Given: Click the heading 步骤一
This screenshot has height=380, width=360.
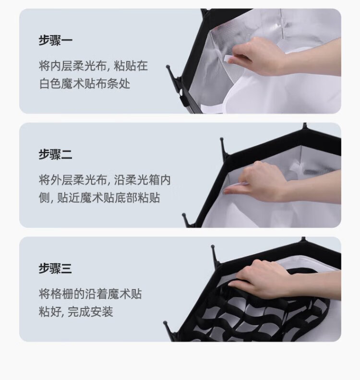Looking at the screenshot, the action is click(x=56, y=40).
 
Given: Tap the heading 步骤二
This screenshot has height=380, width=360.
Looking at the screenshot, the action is click(x=56, y=154).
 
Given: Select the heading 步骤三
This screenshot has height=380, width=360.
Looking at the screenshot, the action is click(x=56, y=268).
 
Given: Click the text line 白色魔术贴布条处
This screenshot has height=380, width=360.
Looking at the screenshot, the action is click(x=85, y=84).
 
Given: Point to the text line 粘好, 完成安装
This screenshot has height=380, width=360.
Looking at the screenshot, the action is click(x=76, y=312).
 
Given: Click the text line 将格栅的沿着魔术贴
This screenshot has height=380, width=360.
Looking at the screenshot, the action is click(x=90, y=294).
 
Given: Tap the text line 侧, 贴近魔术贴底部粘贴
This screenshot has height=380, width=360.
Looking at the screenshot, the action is click(x=99, y=198).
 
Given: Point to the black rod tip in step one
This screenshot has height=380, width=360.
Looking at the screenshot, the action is click(x=168, y=66).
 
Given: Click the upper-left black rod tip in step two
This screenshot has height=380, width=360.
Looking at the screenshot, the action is click(x=221, y=140).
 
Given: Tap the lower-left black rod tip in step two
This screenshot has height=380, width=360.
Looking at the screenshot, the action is click(x=184, y=215).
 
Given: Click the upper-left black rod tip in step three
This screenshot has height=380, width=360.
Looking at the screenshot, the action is click(x=213, y=247).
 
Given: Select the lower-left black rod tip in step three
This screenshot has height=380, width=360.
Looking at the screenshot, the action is click(x=165, y=323).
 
